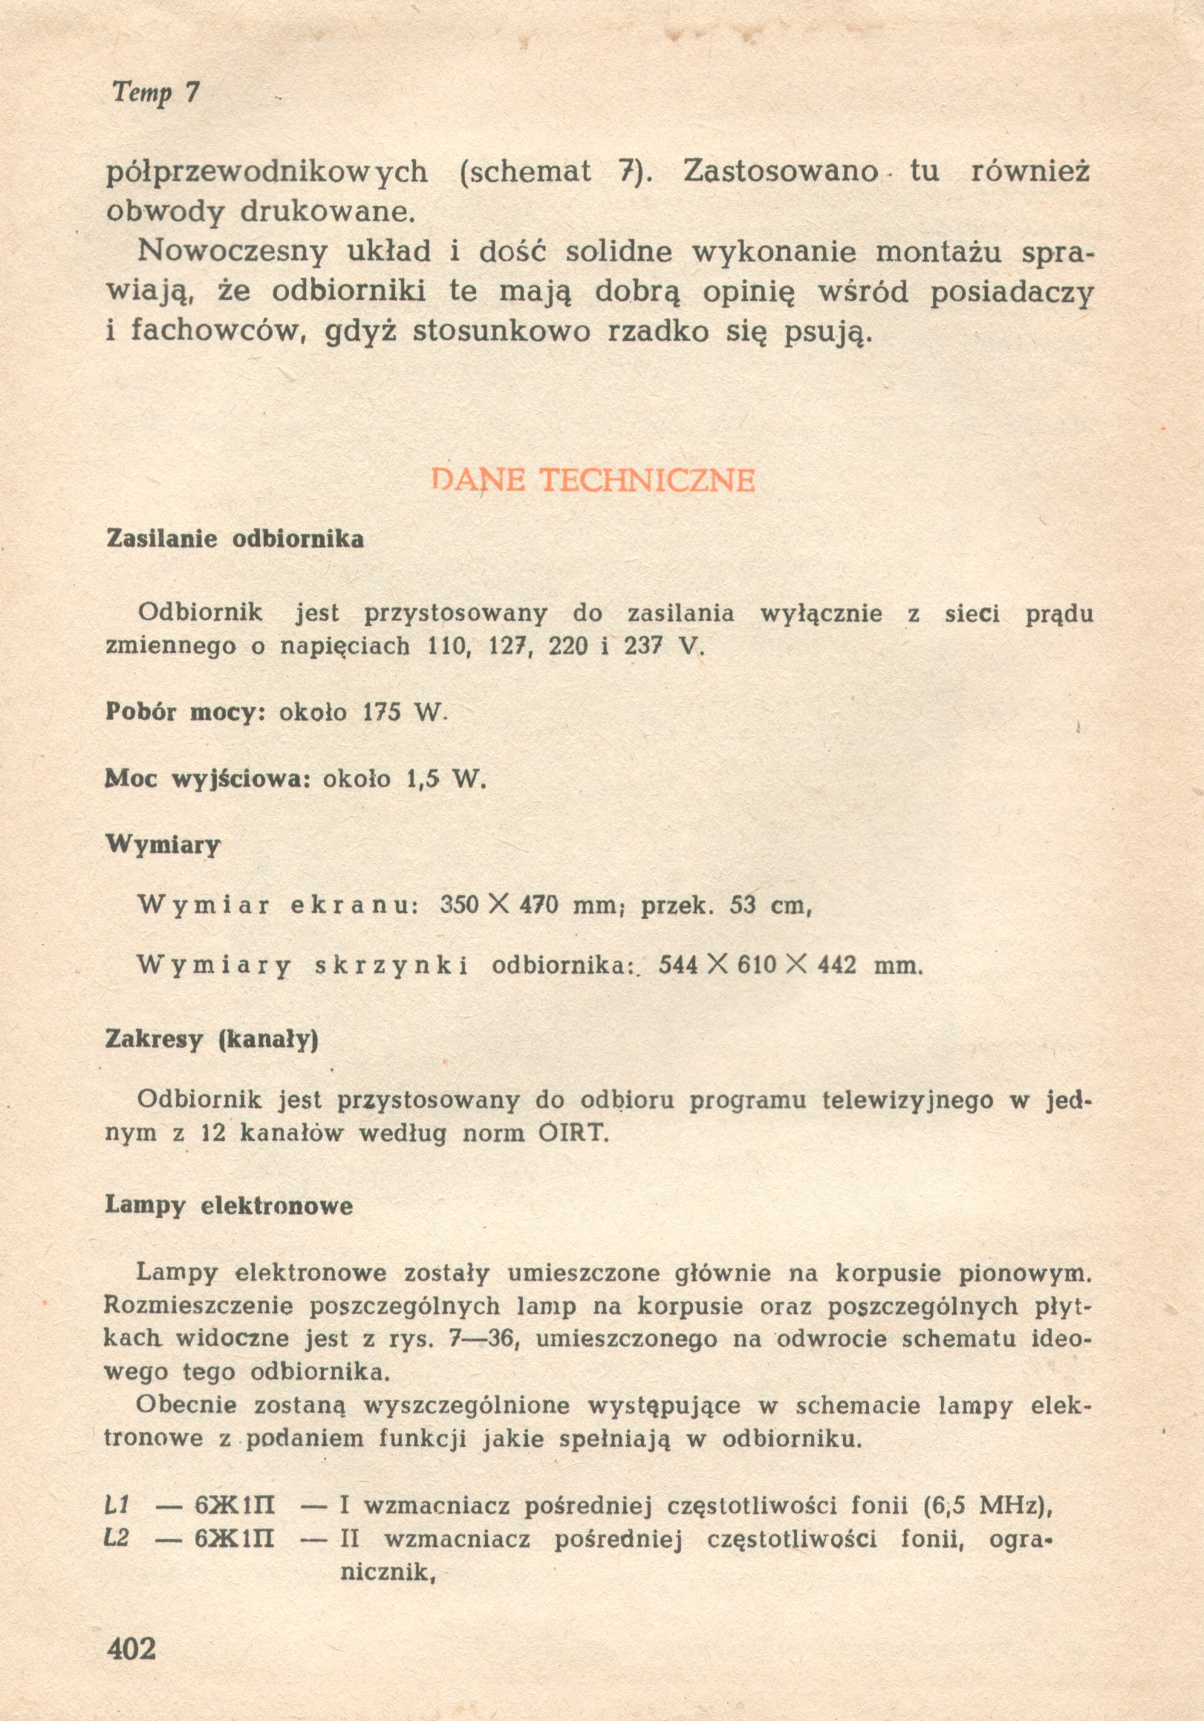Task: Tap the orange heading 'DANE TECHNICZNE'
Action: click(x=593, y=481)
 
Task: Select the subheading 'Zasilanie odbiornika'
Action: click(x=235, y=539)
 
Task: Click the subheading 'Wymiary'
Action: click(x=163, y=845)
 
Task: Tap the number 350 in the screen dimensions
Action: click(x=459, y=905)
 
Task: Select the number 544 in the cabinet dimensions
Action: click(x=677, y=965)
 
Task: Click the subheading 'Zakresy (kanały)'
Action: click(x=212, y=1040)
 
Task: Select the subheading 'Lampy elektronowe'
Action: click(x=229, y=1206)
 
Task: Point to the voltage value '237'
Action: click(x=642, y=646)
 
